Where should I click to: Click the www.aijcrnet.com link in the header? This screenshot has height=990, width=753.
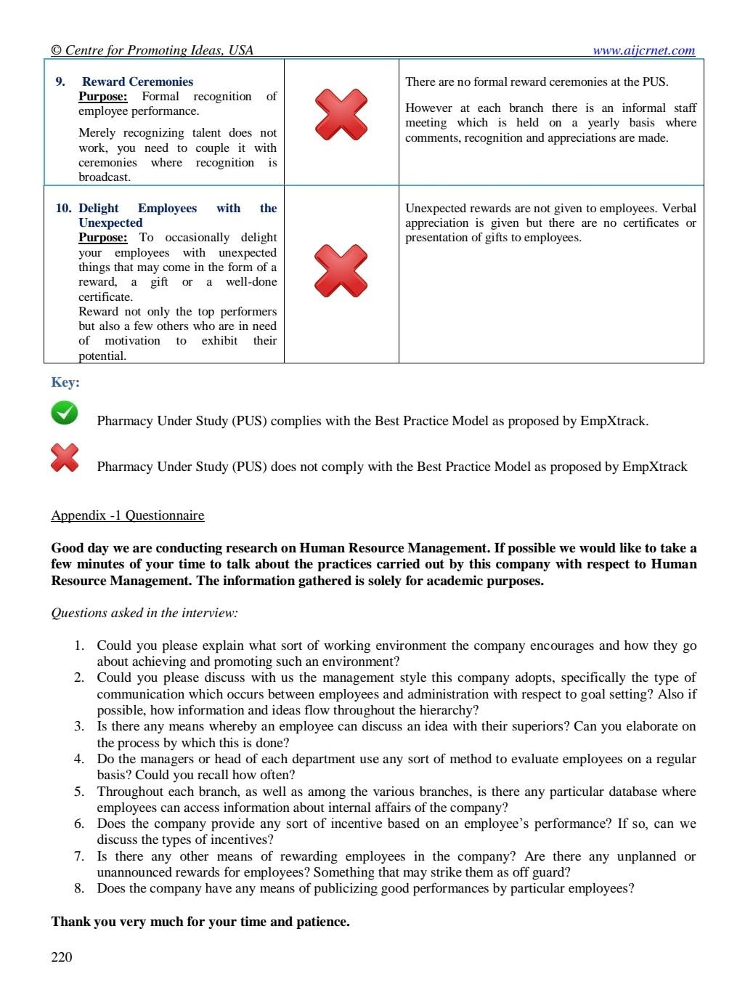coord(643,50)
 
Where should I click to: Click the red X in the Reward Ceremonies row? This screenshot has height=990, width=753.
coord(341,114)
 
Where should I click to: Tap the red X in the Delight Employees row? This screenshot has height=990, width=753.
coord(341,270)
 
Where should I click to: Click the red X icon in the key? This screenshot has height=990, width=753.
coord(65,458)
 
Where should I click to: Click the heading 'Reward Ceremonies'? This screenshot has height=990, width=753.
coord(137,81)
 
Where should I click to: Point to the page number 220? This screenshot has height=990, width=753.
coord(62,957)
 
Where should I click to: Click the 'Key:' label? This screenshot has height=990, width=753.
coord(65,382)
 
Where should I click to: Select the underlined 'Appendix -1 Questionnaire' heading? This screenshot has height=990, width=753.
coord(128,515)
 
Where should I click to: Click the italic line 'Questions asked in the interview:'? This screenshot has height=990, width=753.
coord(145,613)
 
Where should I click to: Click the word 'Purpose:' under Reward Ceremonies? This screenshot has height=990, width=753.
coord(102,97)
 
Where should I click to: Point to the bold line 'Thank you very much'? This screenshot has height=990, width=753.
coord(200,922)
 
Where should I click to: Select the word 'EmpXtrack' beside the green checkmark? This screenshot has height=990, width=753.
coord(614,421)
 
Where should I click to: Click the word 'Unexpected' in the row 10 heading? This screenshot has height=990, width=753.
coord(110,222)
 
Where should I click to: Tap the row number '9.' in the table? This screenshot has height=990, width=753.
coord(60,81)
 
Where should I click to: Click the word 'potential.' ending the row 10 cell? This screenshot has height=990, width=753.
coord(102,355)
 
